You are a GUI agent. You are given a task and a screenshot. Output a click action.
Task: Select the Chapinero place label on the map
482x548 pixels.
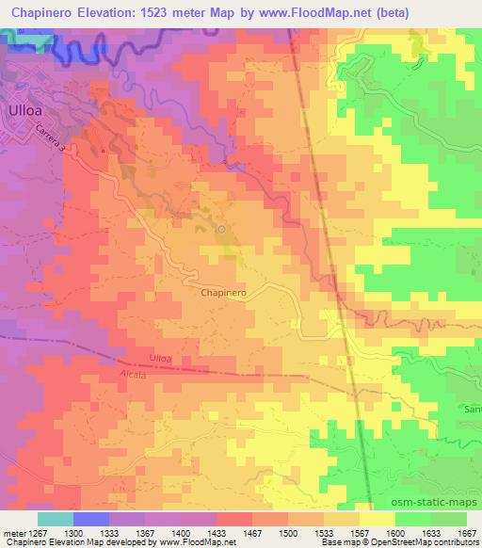click(x=224, y=293)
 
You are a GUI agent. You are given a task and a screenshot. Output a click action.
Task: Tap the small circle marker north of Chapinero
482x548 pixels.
click(x=221, y=229)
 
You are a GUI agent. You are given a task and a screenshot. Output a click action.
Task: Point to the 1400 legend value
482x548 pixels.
click(x=182, y=533)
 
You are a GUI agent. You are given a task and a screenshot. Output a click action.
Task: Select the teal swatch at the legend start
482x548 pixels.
click(x=55, y=519)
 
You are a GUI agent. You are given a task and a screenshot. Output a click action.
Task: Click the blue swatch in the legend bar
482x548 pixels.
click(x=91, y=519)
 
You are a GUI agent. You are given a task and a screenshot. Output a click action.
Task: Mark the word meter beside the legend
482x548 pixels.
click(x=13, y=533)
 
